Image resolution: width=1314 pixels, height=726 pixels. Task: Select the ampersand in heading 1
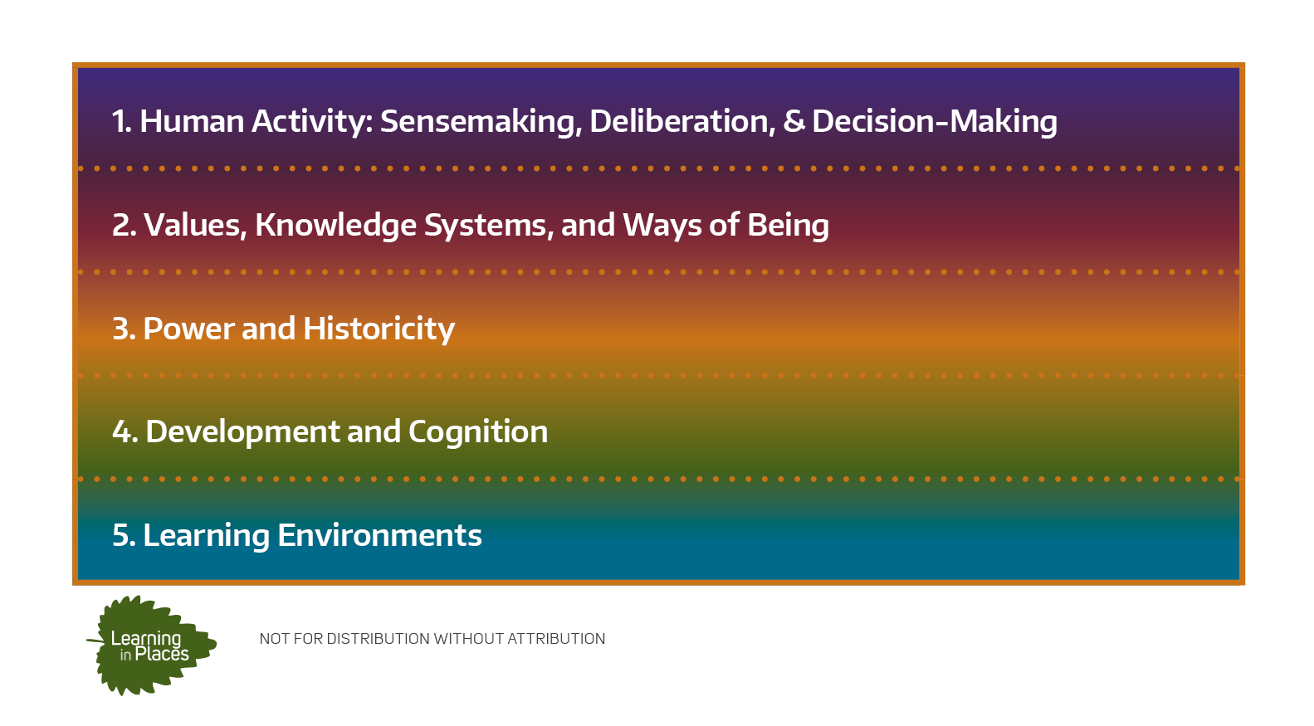point(794,121)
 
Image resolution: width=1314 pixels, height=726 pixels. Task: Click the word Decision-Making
point(935,122)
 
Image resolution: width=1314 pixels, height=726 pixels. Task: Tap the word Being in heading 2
point(788,225)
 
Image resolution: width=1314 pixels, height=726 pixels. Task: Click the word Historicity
point(379,329)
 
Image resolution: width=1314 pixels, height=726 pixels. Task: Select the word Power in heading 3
point(189,329)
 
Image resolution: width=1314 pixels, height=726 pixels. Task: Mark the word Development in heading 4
point(242,432)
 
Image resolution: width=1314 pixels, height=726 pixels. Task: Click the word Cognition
point(478,432)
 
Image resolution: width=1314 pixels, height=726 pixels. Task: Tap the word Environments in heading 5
point(379,535)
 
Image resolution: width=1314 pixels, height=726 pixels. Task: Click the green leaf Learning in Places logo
point(151,645)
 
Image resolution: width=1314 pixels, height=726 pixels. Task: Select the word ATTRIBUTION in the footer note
point(556,639)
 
